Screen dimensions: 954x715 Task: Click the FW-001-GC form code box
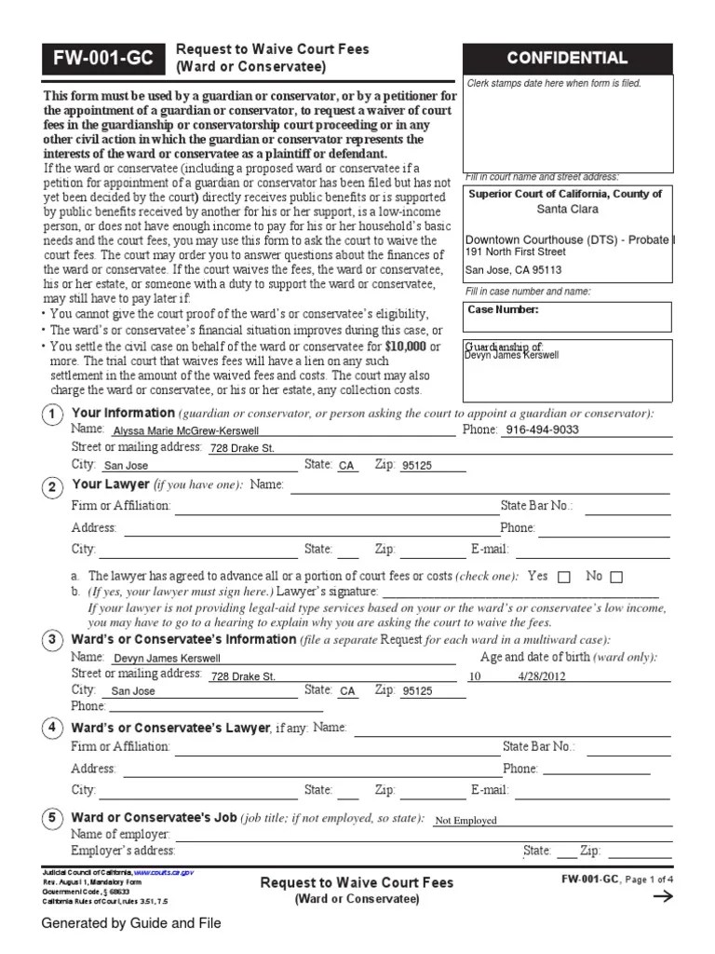[x=101, y=59]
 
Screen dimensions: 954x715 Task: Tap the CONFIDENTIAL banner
[x=566, y=59]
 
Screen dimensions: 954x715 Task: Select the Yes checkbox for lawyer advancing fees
[x=564, y=577]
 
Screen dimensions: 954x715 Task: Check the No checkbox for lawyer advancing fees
[x=616, y=577]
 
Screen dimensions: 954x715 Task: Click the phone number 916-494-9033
[x=540, y=430]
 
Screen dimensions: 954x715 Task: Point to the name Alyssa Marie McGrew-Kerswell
[x=185, y=431]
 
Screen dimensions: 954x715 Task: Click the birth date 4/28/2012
[x=542, y=676]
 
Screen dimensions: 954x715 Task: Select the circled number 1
[x=53, y=415]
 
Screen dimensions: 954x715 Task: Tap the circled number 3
[x=53, y=641]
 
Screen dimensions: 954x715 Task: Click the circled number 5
[x=53, y=819]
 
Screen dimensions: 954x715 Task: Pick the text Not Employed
[x=465, y=821]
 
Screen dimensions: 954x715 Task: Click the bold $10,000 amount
[x=405, y=347]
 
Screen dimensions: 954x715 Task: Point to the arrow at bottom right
[x=664, y=897]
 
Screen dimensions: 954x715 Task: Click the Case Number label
[x=503, y=310]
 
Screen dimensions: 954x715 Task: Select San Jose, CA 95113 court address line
[x=514, y=271]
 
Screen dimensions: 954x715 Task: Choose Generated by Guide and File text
[x=130, y=923]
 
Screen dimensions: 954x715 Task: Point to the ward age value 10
[x=475, y=676]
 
